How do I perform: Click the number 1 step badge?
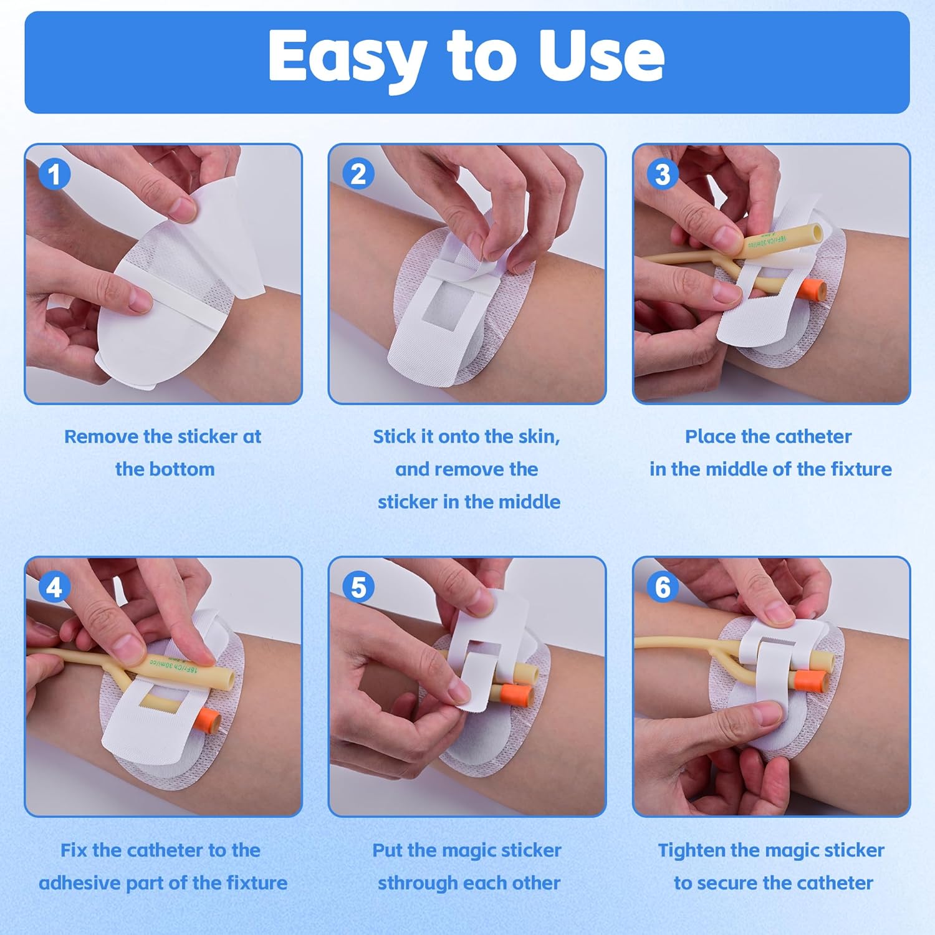pyautogui.click(x=54, y=174)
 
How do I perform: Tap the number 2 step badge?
pyautogui.click(x=358, y=174)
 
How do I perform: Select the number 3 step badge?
pyautogui.click(x=663, y=174)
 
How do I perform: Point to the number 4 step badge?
pyautogui.click(x=54, y=587)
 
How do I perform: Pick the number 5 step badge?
pyautogui.click(x=358, y=587)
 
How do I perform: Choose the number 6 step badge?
pyautogui.click(x=663, y=587)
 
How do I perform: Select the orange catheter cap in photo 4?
pyautogui.click(x=208, y=719)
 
